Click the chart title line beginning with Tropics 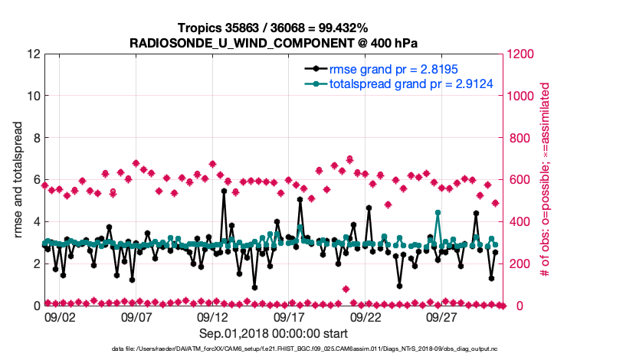coord(273,28)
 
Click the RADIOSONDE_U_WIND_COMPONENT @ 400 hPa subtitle coord(273,43)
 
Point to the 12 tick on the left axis coord(33,54)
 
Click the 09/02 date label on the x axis coord(59,316)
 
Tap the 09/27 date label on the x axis coord(442,316)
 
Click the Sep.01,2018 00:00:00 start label coord(273,333)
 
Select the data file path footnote coord(273,349)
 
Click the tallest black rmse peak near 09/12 coord(224,191)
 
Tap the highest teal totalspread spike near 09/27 coord(438,212)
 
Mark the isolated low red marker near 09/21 coord(346,289)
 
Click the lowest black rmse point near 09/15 coord(254,287)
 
